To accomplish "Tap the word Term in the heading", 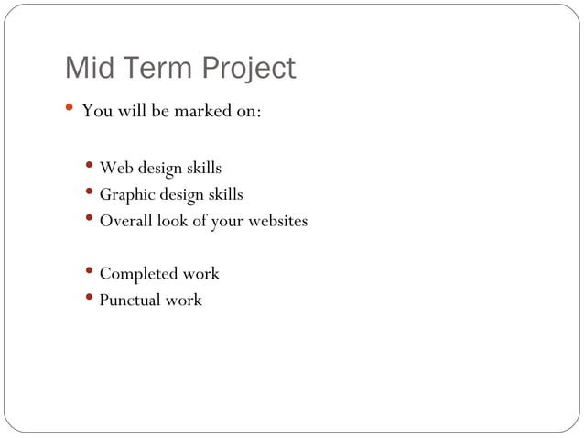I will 161,69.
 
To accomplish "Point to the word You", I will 96,113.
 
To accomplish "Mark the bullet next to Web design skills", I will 88,167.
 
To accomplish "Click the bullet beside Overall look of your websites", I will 88,219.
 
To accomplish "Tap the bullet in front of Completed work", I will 88,272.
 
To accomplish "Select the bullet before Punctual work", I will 88,299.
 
